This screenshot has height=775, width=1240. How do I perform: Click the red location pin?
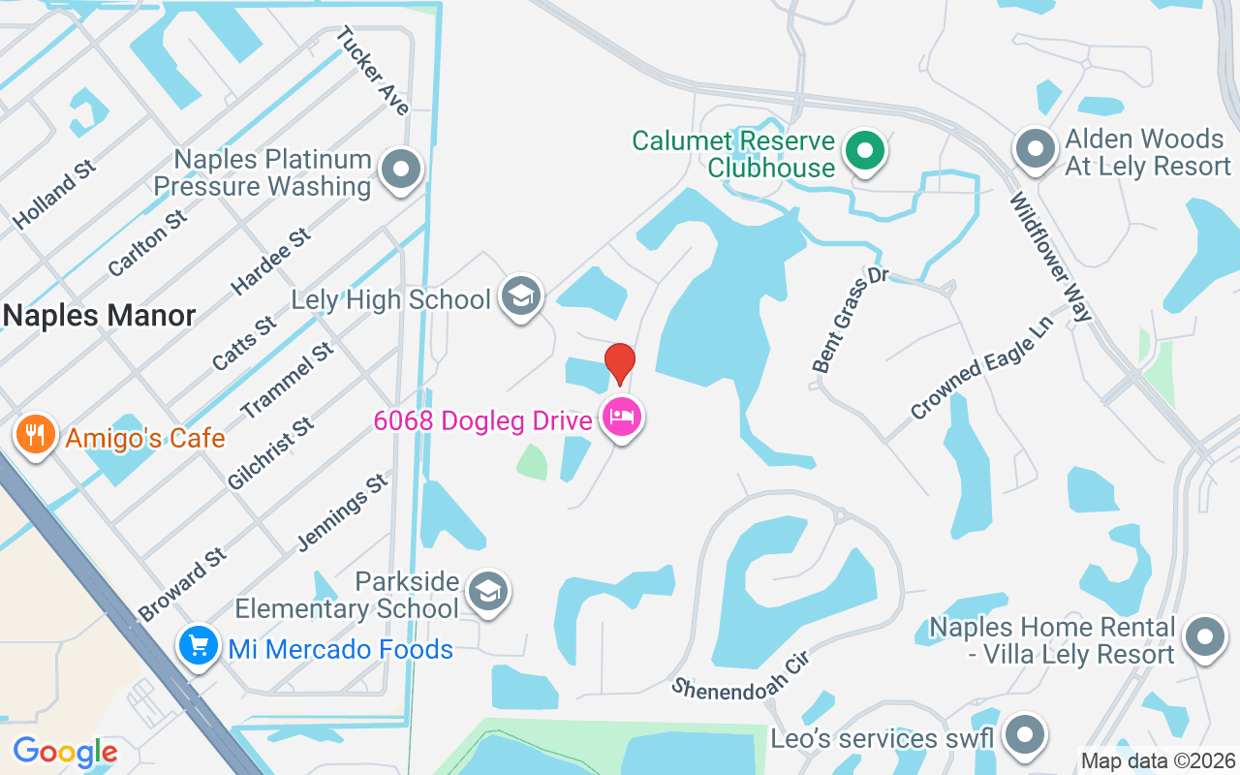620,361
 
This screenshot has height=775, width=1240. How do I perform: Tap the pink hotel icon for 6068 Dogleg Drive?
622,418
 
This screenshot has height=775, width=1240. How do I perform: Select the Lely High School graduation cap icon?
521,296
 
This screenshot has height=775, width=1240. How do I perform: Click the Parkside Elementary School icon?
487,591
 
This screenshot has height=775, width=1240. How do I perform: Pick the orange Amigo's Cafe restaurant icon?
35,434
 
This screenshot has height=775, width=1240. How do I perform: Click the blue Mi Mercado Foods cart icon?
199,645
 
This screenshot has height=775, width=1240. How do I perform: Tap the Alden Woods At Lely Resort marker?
1035,150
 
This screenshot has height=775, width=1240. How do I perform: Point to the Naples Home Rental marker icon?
1205,638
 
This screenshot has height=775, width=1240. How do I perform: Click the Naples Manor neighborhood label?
100,315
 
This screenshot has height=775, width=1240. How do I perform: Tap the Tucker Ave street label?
373,70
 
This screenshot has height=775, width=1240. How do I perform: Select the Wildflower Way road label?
1051,257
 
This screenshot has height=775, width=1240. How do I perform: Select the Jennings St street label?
342,511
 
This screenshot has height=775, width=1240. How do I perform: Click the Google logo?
65,752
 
